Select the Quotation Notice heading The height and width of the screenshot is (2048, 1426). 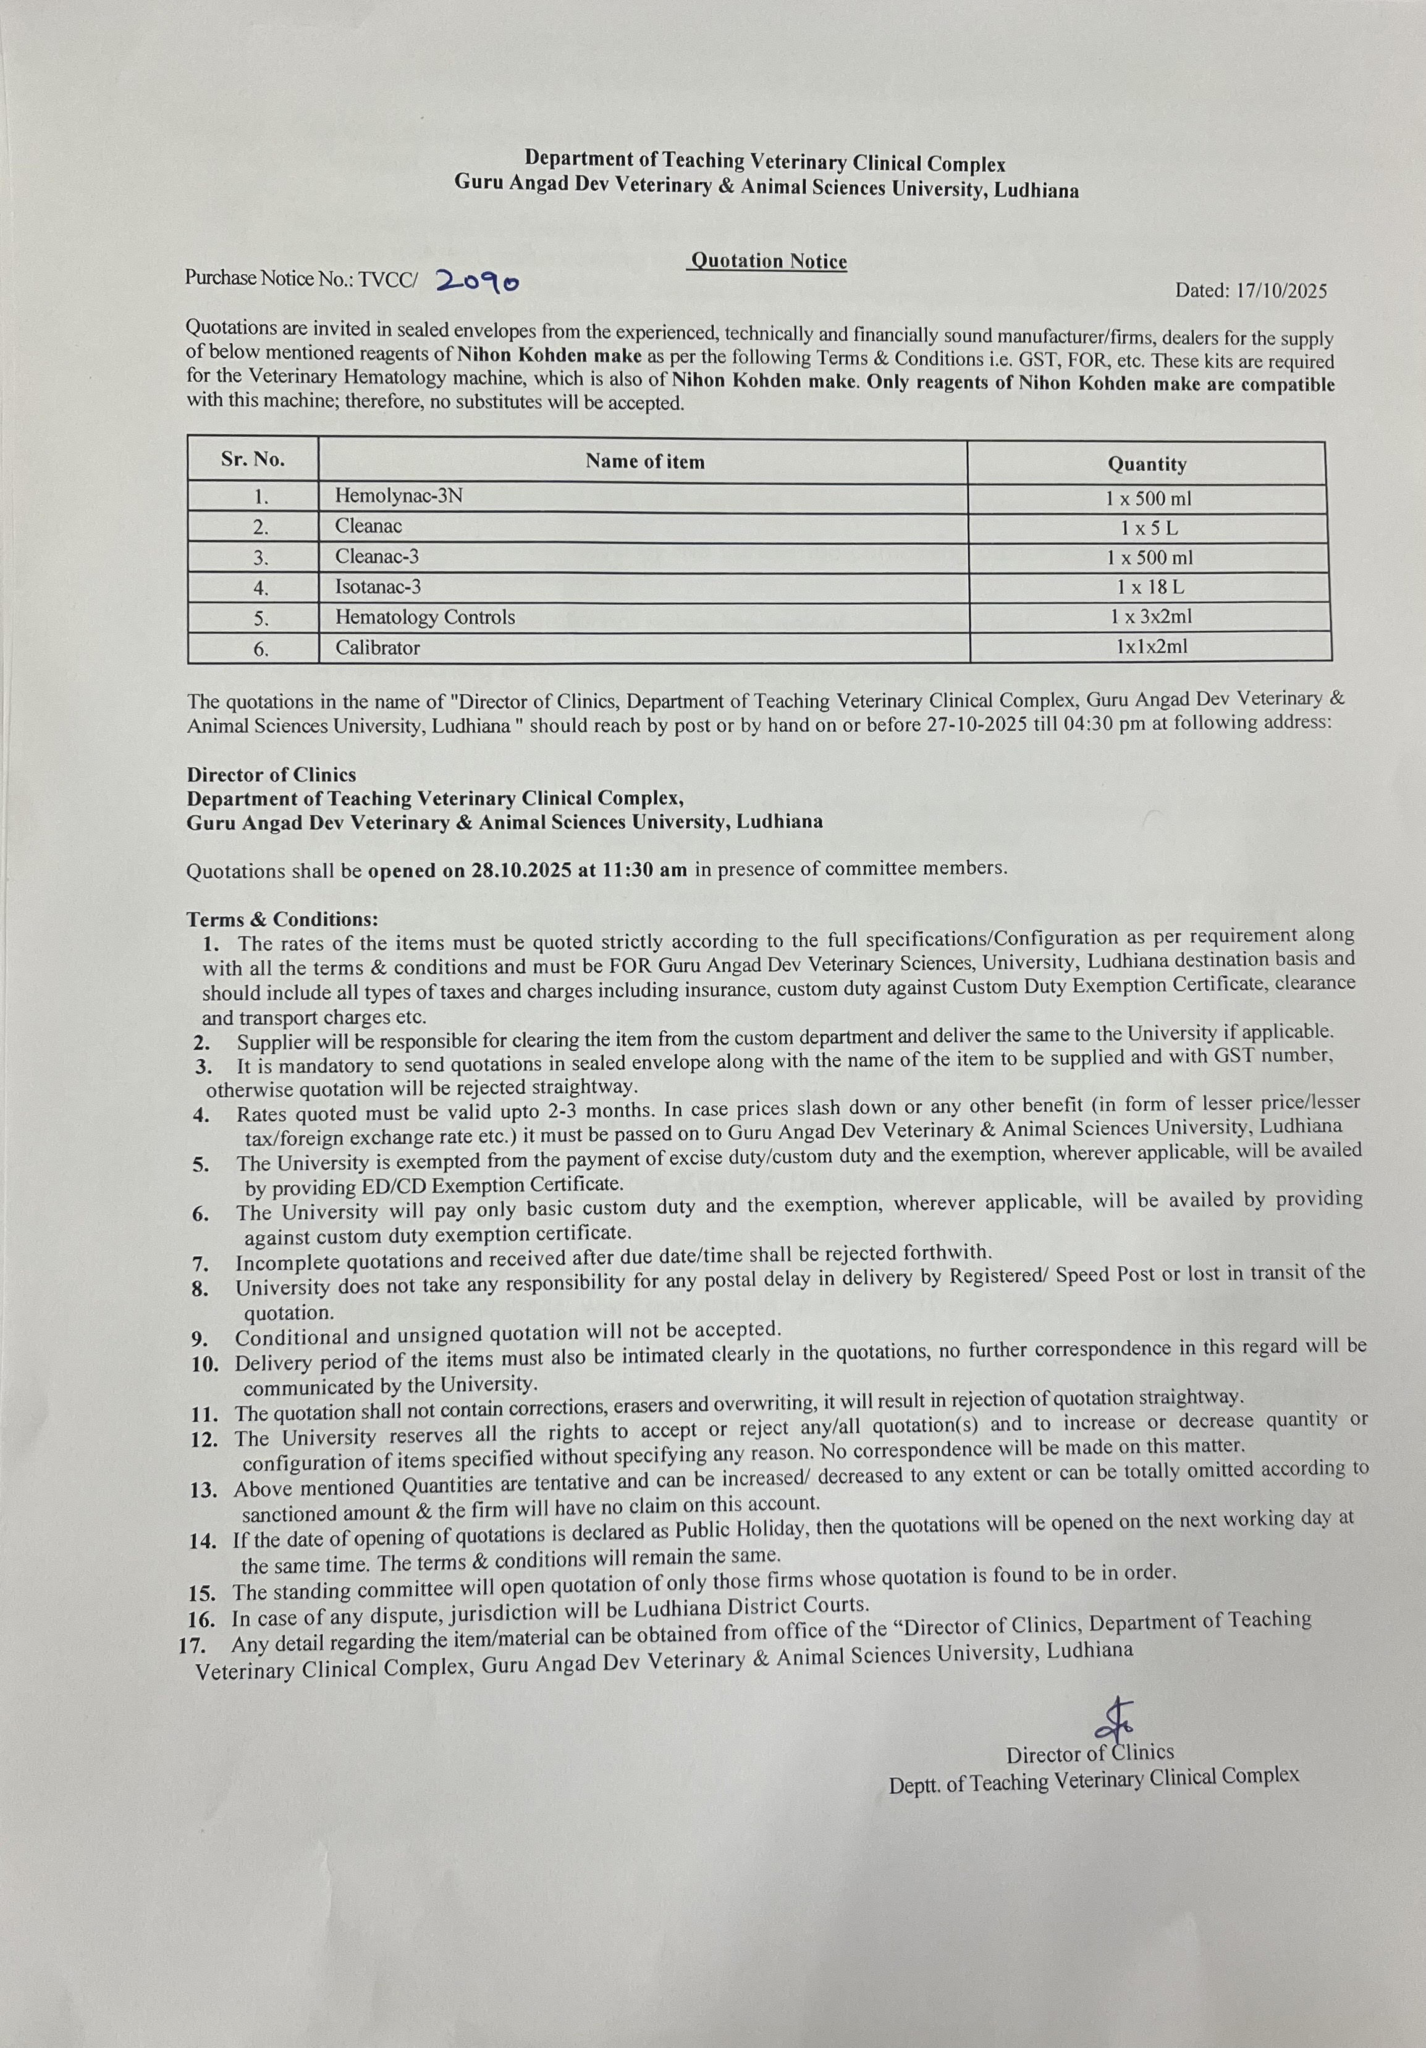pos(769,261)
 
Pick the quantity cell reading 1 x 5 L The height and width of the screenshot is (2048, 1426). pos(1149,528)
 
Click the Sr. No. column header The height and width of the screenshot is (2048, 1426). pos(253,460)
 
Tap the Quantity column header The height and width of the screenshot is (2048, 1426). pos(1147,464)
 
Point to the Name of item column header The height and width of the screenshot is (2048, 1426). pos(644,461)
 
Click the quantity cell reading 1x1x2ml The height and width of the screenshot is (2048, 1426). pos(1151,647)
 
